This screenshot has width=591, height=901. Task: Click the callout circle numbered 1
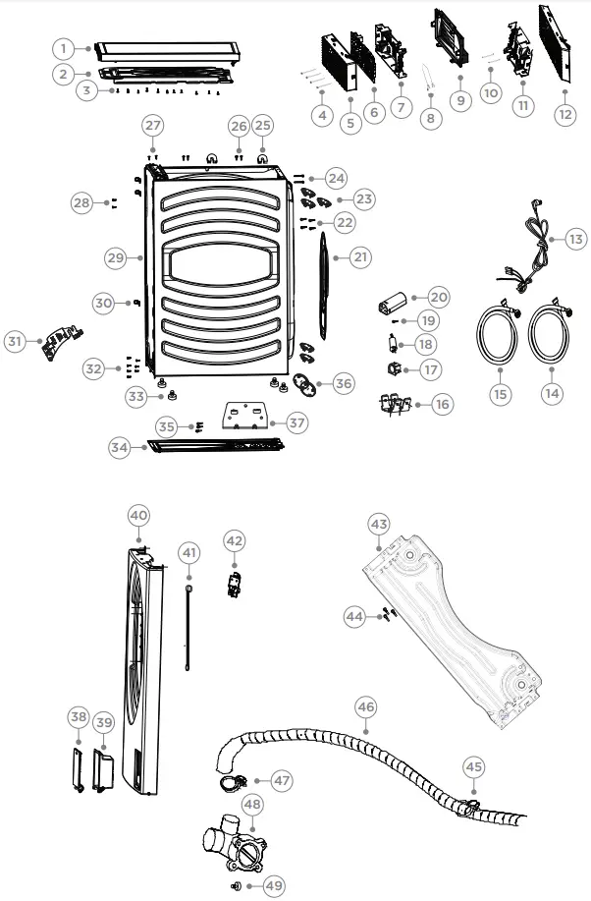click(63, 48)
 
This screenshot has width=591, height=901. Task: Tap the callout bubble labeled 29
click(116, 257)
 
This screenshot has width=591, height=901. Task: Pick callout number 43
click(379, 522)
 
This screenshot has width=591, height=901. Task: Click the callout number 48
click(253, 804)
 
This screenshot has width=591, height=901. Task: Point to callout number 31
click(14, 341)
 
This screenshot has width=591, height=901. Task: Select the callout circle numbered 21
click(361, 257)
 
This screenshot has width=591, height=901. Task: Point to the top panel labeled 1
click(167, 49)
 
